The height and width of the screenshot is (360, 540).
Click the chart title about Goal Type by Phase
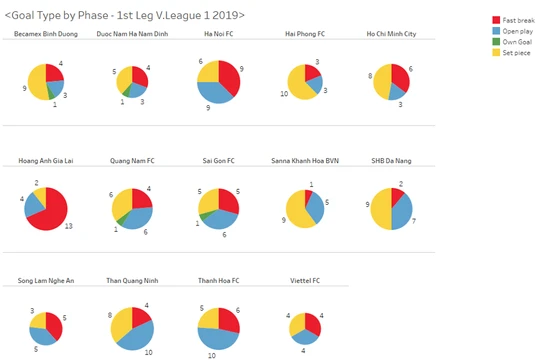pos(125,14)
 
